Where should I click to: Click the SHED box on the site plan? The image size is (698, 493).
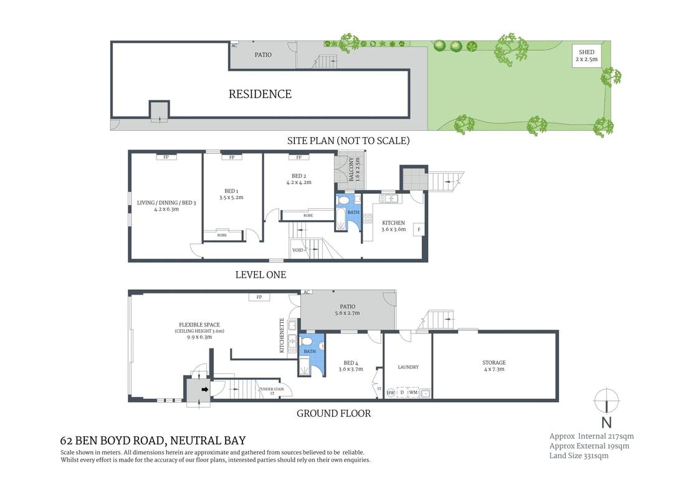pyautogui.click(x=586, y=55)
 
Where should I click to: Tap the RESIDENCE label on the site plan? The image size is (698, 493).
pyautogui.click(x=260, y=94)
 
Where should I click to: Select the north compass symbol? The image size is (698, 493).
pyautogui.click(x=606, y=399)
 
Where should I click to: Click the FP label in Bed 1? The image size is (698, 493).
pyautogui.click(x=232, y=157)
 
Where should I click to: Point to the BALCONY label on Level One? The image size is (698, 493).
pyautogui.click(x=351, y=170)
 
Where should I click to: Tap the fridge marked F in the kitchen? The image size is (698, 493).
pyautogui.click(x=419, y=229)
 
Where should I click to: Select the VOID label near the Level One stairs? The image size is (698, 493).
pyautogui.click(x=298, y=251)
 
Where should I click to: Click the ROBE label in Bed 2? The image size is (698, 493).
pyautogui.click(x=308, y=215)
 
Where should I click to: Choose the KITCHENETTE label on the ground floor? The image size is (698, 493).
pyautogui.click(x=282, y=335)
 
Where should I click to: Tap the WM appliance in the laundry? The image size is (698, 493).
pyautogui.click(x=413, y=392)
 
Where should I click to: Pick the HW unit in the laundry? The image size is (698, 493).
pyautogui.click(x=391, y=392)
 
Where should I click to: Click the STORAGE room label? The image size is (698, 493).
pyautogui.click(x=494, y=362)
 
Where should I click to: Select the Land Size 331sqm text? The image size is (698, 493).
pyautogui.click(x=578, y=456)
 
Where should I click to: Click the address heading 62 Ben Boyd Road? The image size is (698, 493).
pyautogui.click(x=153, y=441)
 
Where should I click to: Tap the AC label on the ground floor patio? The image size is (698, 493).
pyautogui.click(x=307, y=292)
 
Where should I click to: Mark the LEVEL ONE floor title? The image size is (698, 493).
pyautogui.click(x=261, y=274)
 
